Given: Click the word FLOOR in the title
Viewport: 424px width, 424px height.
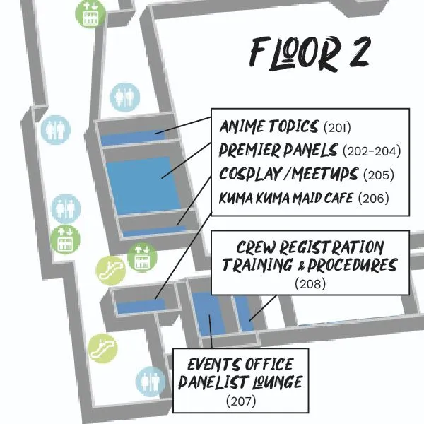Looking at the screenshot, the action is (295, 53).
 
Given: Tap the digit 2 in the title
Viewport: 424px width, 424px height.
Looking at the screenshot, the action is (359, 53).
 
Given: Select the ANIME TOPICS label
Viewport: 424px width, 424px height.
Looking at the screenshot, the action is (269, 126).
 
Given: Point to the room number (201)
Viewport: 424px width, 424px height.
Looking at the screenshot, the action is (337, 127).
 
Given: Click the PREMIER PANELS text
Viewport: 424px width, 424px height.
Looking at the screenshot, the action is (278, 150).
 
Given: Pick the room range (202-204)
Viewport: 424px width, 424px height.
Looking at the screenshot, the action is (372, 151).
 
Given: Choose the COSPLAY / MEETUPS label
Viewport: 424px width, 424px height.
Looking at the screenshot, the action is (288, 174).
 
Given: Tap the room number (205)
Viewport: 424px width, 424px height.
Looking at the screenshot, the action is (379, 175).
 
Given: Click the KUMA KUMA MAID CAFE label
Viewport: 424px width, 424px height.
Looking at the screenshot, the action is (286, 198).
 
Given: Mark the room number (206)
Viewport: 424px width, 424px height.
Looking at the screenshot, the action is (373, 198).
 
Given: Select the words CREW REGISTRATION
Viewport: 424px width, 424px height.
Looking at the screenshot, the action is (310, 247).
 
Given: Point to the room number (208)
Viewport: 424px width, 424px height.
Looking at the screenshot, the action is (310, 284).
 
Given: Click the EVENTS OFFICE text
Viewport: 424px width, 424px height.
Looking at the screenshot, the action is (240, 364).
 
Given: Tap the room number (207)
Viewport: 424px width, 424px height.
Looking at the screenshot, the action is (241, 401).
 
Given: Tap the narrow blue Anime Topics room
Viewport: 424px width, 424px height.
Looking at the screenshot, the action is (133, 138).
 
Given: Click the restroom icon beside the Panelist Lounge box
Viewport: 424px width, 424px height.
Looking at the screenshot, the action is (151, 382).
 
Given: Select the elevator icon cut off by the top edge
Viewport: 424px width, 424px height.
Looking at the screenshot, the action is (90, 13).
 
